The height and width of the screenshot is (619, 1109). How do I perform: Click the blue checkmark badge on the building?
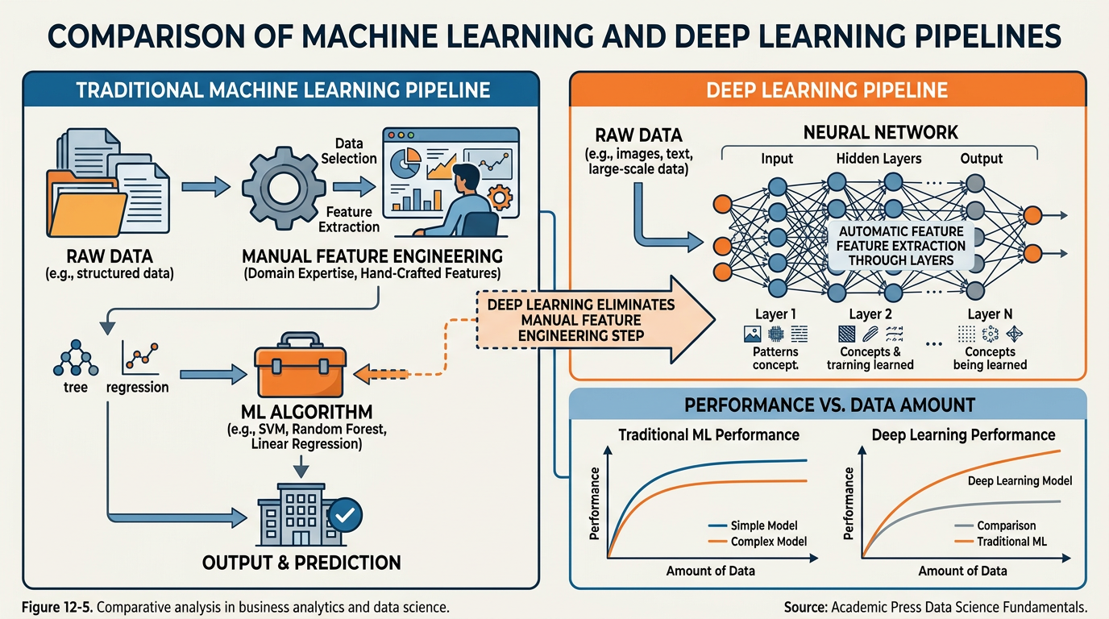347,513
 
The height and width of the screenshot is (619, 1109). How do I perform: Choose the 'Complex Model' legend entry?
767,542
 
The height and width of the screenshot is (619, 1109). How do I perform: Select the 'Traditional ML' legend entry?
1011,542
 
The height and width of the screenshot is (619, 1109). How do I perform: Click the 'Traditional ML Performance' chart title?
708,434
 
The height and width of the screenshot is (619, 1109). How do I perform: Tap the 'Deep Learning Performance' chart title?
963,434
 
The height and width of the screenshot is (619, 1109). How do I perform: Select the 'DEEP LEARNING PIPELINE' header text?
827,89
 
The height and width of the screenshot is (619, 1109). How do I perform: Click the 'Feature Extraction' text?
348,219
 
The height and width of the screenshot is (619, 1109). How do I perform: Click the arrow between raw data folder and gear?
206,187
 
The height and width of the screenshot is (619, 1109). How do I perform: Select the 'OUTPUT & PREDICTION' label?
301,562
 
